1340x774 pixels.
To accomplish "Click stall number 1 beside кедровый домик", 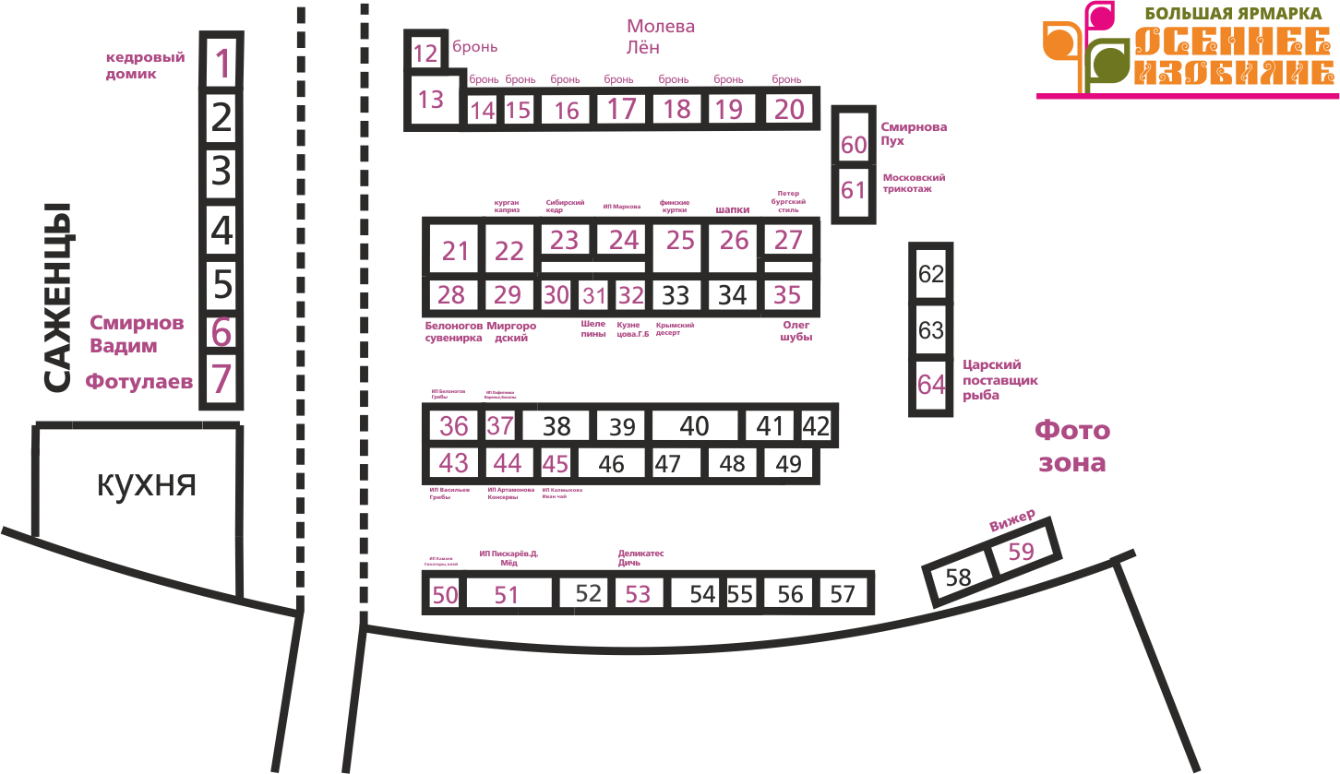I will point(222,63).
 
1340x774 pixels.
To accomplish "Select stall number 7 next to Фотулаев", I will point(221,379).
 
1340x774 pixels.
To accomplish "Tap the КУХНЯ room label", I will point(147,483).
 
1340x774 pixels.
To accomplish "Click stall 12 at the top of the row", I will point(425,53).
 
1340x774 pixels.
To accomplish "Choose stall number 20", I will point(790,109).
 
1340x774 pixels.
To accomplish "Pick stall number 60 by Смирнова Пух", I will point(855,145).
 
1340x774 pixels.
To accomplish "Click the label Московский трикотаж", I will point(914,182).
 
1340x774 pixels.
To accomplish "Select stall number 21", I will point(456,251).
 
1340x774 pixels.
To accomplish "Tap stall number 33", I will point(676,296).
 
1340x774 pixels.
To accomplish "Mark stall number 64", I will point(931,384).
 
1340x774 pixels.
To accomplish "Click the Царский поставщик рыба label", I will point(999,380).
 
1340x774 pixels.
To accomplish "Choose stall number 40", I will point(694,426).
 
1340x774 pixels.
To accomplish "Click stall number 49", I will point(789,464).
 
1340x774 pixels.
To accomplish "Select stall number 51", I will point(507,595).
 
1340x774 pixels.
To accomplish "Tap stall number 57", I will point(843,594).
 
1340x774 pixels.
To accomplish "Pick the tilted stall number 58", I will point(959,578).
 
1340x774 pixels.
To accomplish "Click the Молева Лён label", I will point(660,37).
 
